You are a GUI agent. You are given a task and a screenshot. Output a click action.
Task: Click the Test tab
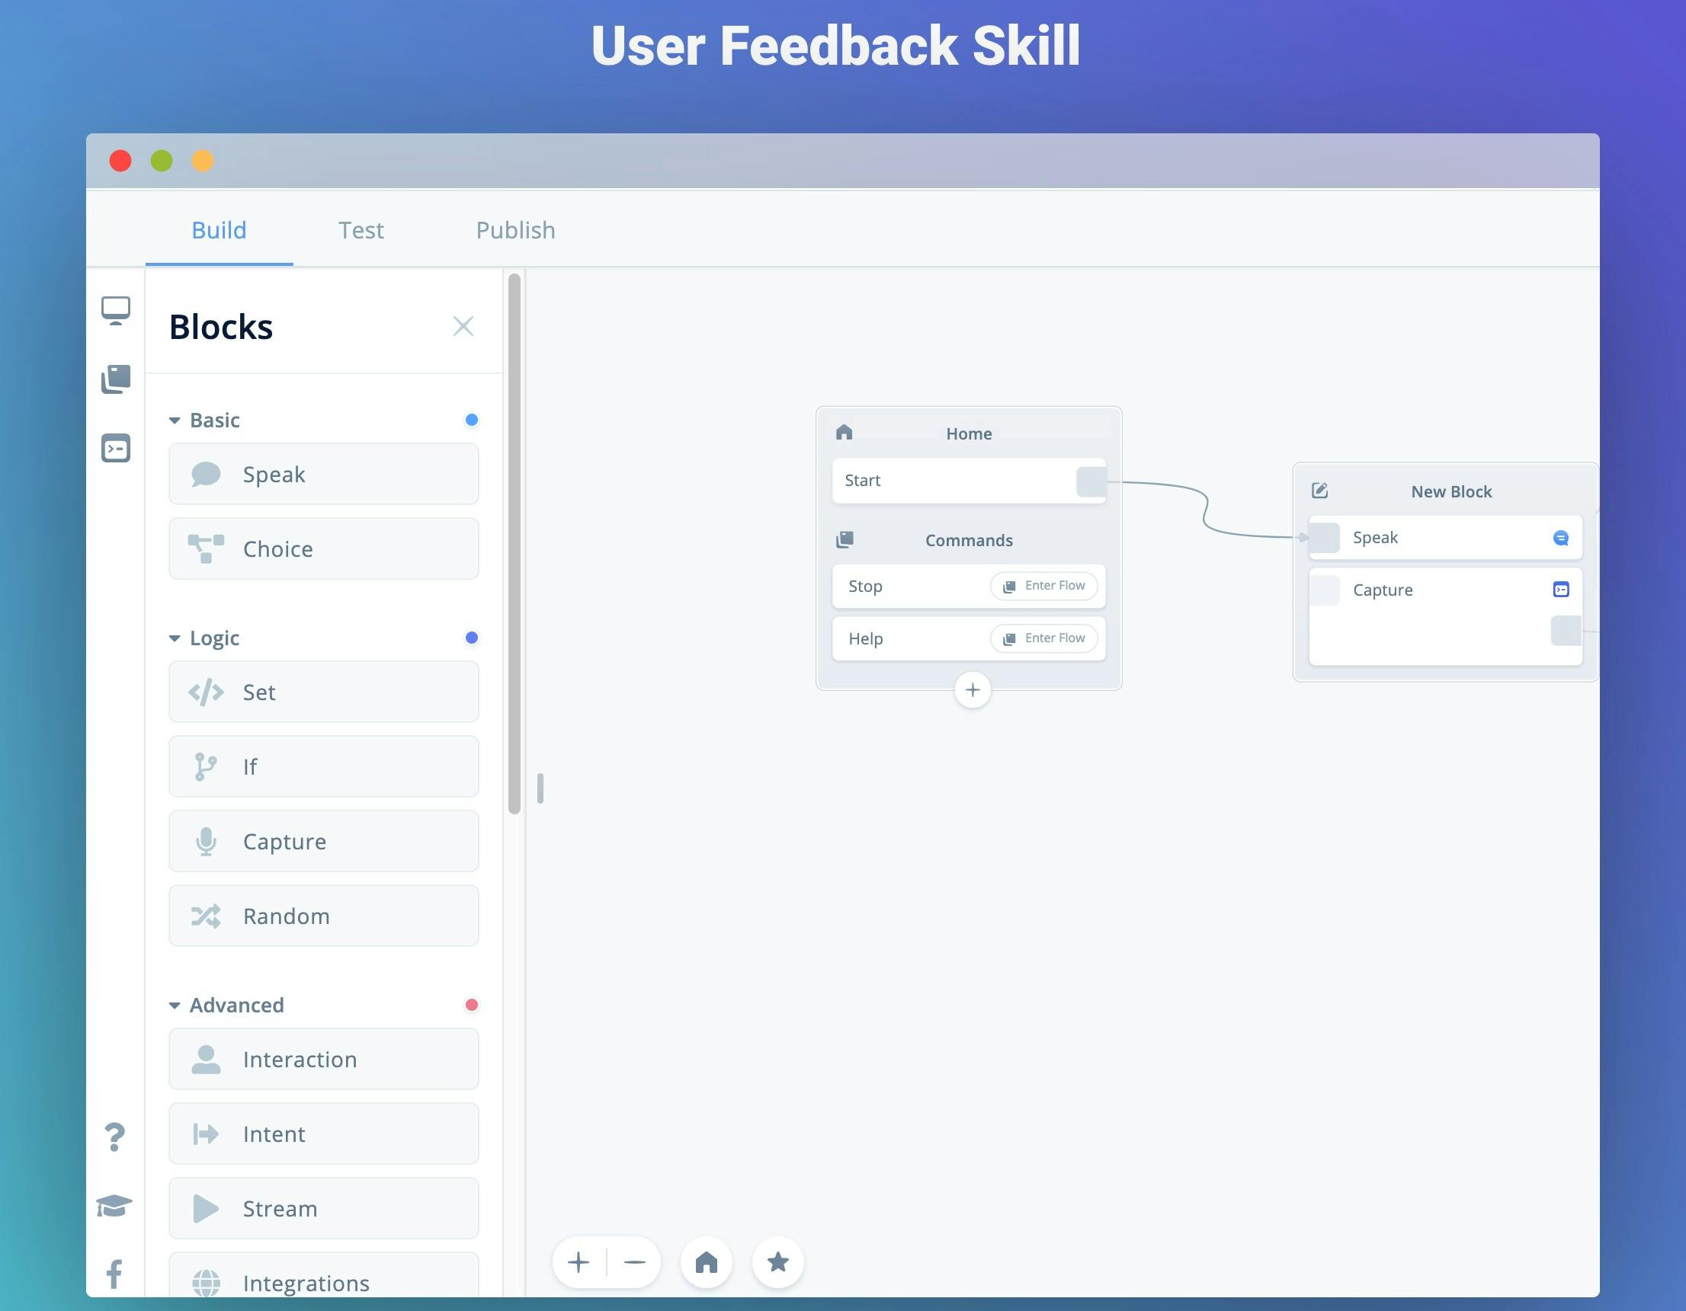[361, 230]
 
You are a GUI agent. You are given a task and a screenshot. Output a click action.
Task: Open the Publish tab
[516, 230]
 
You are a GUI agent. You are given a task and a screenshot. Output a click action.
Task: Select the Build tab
[220, 230]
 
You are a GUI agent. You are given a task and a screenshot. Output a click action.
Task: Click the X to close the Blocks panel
[463, 326]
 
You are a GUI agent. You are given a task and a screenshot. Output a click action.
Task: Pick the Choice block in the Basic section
[323, 548]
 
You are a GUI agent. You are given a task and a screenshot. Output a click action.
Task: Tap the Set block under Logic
[323, 692]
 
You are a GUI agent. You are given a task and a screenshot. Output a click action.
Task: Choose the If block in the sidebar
[323, 766]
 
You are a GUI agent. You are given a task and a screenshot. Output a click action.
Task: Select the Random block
[323, 916]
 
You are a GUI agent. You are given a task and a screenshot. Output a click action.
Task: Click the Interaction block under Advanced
[323, 1060]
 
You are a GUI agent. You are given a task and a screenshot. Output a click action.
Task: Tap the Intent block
[323, 1134]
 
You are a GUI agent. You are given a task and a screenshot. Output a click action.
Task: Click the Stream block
[323, 1208]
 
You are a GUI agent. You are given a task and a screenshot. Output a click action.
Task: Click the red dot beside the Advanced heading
[472, 1005]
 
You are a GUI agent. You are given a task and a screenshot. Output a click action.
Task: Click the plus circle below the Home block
[973, 690]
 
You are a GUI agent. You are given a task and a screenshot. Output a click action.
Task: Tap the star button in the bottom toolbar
[778, 1262]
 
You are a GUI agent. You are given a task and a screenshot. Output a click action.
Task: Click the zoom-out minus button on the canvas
[635, 1262]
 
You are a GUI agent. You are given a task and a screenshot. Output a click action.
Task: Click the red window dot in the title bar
[120, 161]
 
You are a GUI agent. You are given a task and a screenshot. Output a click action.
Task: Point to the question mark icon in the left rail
[114, 1137]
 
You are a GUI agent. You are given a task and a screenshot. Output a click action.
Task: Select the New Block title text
[1451, 491]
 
